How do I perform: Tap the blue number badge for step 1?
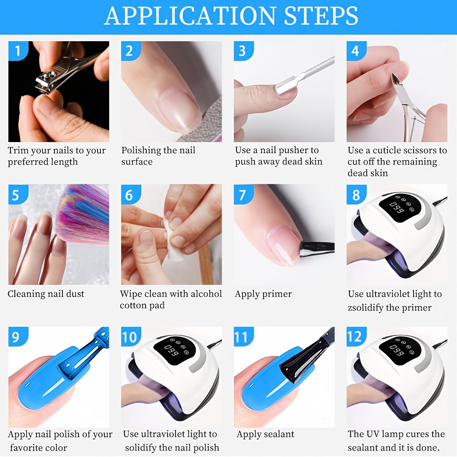(18, 51)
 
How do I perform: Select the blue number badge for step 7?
(244, 194)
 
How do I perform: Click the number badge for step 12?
(356, 337)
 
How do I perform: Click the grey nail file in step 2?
(201, 123)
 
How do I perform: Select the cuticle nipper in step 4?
(403, 104)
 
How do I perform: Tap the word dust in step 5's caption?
(75, 294)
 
